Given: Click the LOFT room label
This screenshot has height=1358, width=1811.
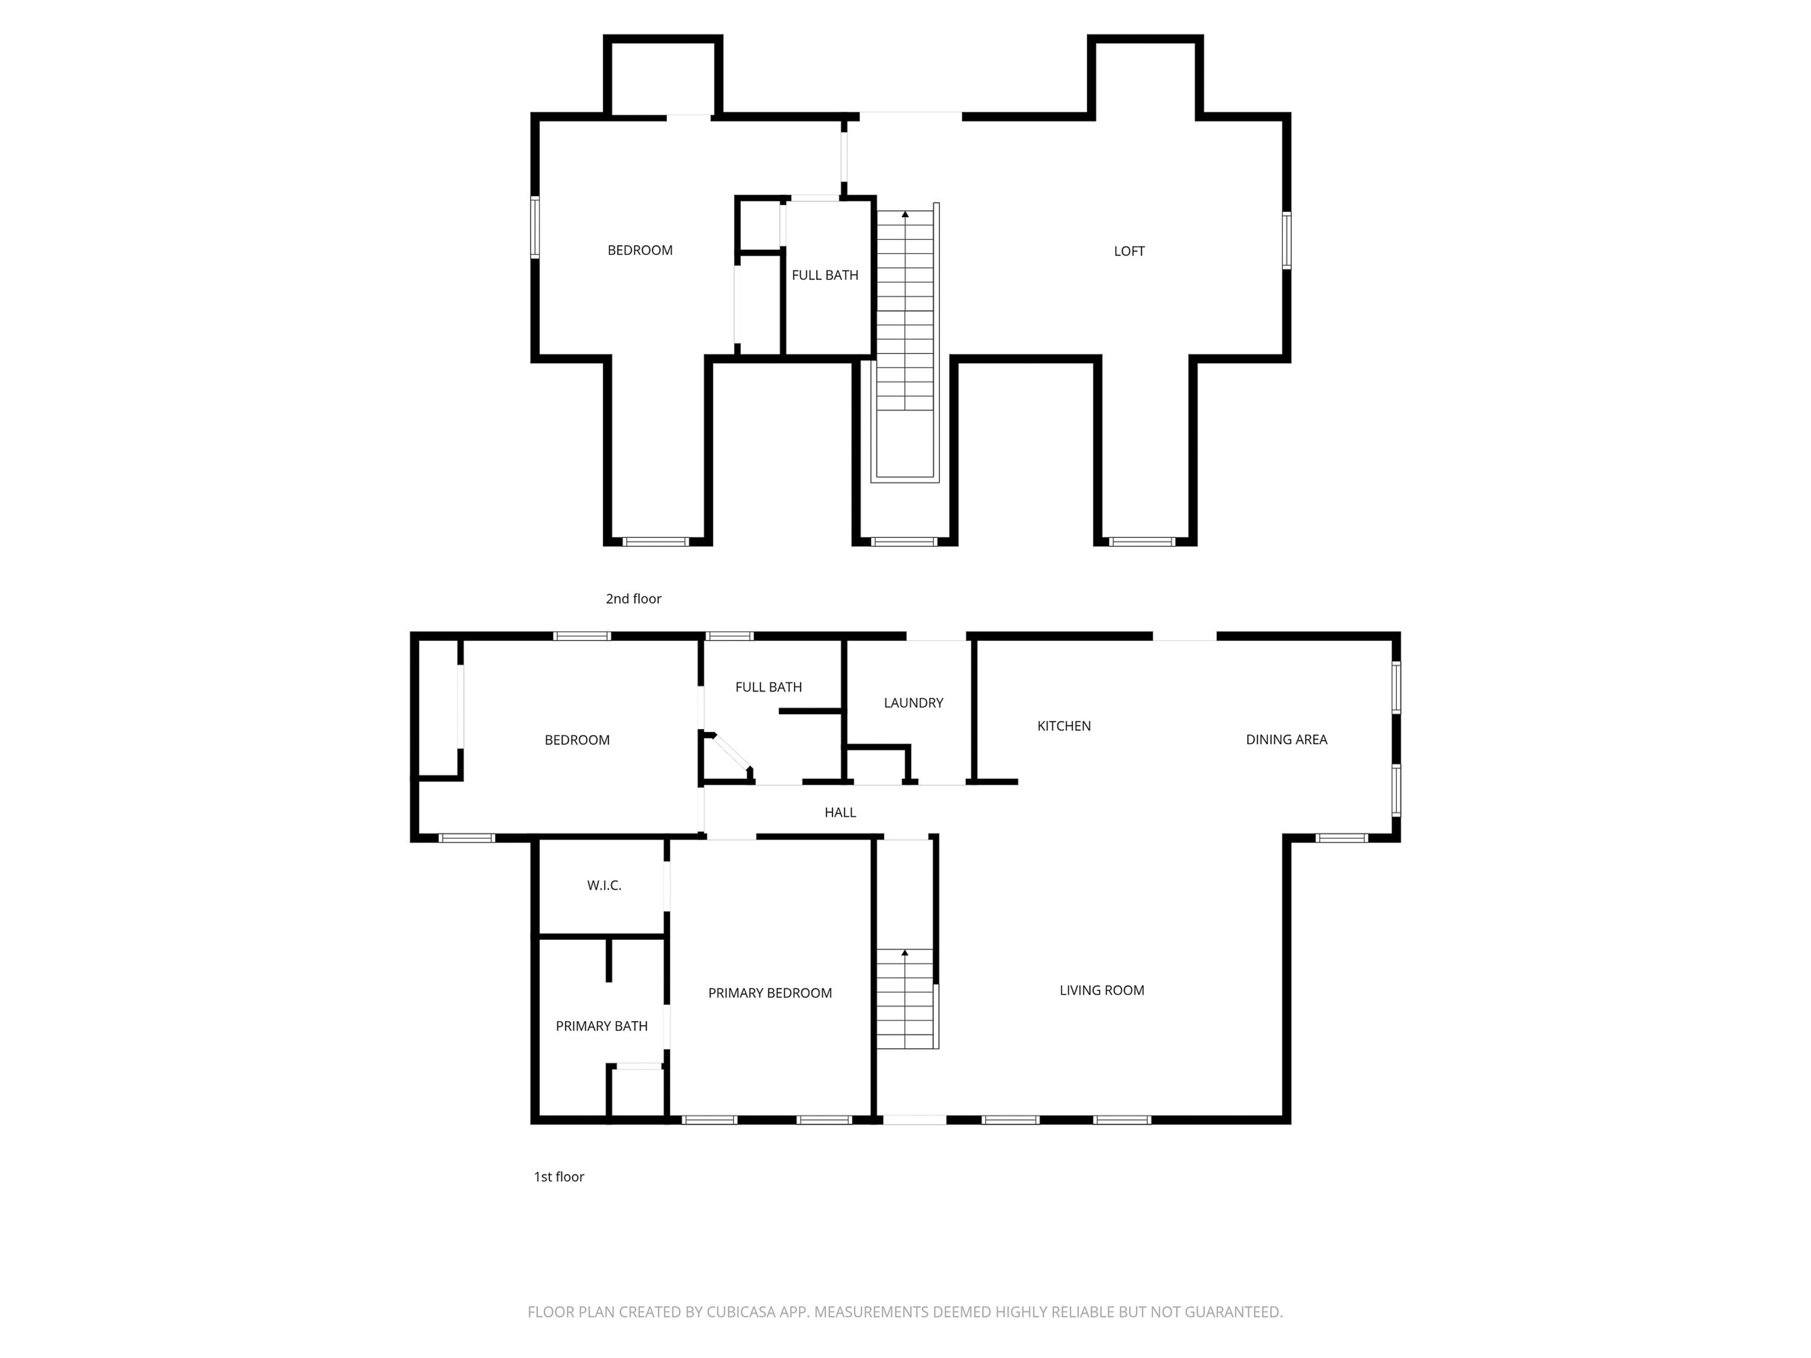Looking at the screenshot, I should pos(1128,251).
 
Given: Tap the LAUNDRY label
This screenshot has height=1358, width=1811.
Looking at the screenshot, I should pos(913,703).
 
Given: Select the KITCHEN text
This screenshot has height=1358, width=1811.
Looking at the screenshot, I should pos(1064,725).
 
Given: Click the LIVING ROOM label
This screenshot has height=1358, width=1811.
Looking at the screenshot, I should pos(1101,990).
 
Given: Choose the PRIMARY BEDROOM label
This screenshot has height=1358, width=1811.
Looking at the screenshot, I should pos(770,992).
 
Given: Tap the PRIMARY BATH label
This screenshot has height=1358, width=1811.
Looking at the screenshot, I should pos(601,1025).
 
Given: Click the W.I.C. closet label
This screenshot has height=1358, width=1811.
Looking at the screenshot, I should pos(604,885).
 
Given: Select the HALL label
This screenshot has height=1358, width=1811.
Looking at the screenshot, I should pos(840,812).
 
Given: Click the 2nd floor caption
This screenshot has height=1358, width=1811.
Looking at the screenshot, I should pos(633,598).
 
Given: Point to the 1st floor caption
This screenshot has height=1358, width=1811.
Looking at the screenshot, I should pos(558,1176).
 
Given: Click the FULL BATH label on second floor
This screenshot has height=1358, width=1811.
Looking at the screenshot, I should pos(825,275).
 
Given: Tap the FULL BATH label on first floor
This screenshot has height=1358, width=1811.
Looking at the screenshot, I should pos(768,687).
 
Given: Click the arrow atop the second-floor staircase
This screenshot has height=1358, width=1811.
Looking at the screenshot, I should pos(905,214).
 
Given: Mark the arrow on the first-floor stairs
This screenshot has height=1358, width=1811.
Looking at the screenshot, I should pos(905,953).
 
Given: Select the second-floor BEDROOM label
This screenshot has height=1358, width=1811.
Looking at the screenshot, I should pos(639,250).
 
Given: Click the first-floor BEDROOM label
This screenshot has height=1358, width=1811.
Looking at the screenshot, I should pos(577,739).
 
